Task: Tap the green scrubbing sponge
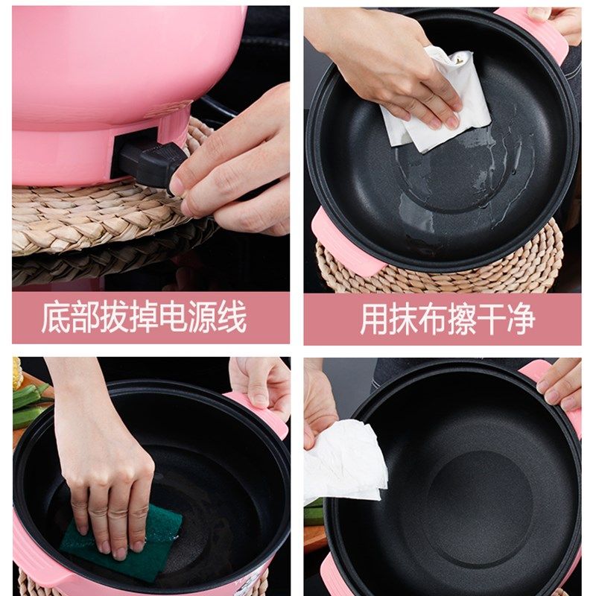(121, 539)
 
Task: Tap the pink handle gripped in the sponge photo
(262, 413)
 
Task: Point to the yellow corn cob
(16, 374)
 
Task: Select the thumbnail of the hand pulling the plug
(151, 148)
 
